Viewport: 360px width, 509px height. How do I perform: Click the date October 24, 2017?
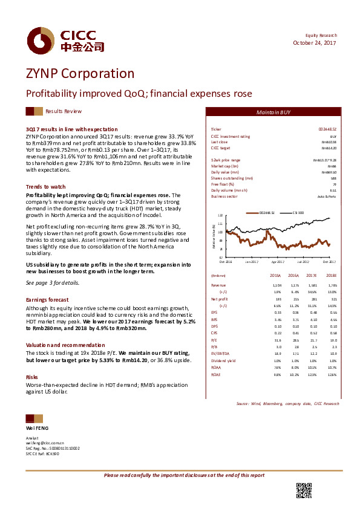[315, 43]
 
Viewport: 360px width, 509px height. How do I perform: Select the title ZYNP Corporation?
[80, 74]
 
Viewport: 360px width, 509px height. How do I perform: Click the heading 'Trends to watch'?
[46, 187]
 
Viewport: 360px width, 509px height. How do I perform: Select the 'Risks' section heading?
[32, 360]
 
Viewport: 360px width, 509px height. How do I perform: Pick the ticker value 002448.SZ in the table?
[327, 129]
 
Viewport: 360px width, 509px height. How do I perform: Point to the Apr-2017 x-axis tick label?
[277, 262]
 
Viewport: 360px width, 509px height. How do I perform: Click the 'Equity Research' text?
[321, 36]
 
